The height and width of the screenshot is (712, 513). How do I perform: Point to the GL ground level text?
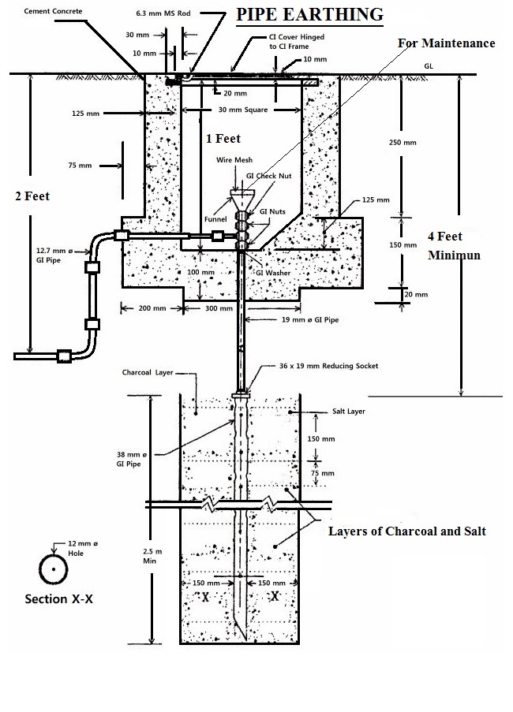click(x=429, y=67)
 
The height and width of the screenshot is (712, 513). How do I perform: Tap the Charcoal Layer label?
click(x=147, y=372)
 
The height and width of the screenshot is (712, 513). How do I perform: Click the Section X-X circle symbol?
click(x=54, y=568)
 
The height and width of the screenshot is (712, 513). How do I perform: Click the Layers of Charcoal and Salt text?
click(x=406, y=531)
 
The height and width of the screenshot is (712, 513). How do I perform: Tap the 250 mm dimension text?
click(x=425, y=143)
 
